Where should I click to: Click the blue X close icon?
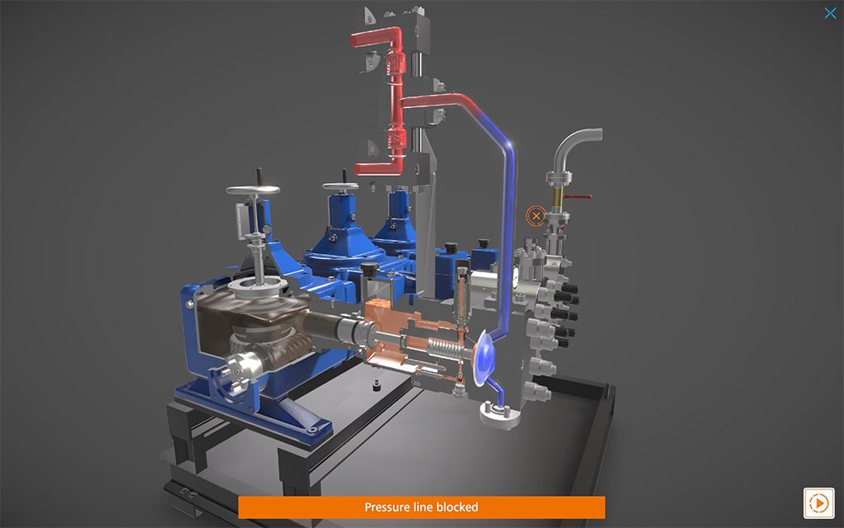[x=830, y=13]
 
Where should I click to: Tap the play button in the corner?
[x=818, y=502]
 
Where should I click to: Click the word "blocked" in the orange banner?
[x=457, y=507]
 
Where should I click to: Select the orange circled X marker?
[x=535, y=217]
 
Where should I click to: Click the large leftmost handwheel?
[x=253, y=190]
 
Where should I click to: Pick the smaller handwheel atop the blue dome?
[x=340, y=186]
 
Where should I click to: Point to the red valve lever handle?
[x=579, y=197]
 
